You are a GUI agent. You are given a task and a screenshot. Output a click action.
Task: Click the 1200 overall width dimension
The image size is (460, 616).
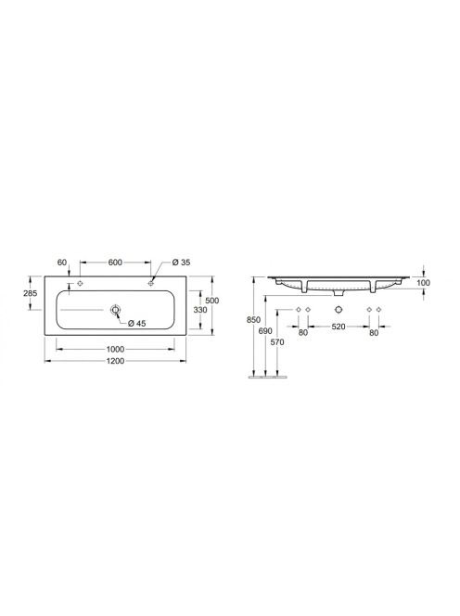pyautogui.click(x=115, y=361)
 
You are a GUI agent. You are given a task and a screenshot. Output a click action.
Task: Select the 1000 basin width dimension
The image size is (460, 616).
pyautogui.click(x=115, y=349)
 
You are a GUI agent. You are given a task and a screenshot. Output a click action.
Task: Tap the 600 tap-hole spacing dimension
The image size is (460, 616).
pyautogui.click(x=115, y=262)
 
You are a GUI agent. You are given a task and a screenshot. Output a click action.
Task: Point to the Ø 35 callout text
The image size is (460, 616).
pyautogui.click(x=182, y=262)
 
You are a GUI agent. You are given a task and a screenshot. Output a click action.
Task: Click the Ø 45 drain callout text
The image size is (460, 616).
pyautogui.click(x=137, y=324)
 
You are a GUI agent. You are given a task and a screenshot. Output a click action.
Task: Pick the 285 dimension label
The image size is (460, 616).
pyautogui.click(x=31, y=292)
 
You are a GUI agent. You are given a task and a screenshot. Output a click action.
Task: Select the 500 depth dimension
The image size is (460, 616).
pyautogui.click(x=212, y=301)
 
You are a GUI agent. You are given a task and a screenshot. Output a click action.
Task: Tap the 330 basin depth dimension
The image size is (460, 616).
pyautogui.click(x=200, y=310)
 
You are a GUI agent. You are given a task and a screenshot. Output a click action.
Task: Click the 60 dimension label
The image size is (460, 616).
pyautogui.click(x=62, y=262)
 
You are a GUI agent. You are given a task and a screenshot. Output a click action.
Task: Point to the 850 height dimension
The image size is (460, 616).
pyautogui.click(x=253, y=320)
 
